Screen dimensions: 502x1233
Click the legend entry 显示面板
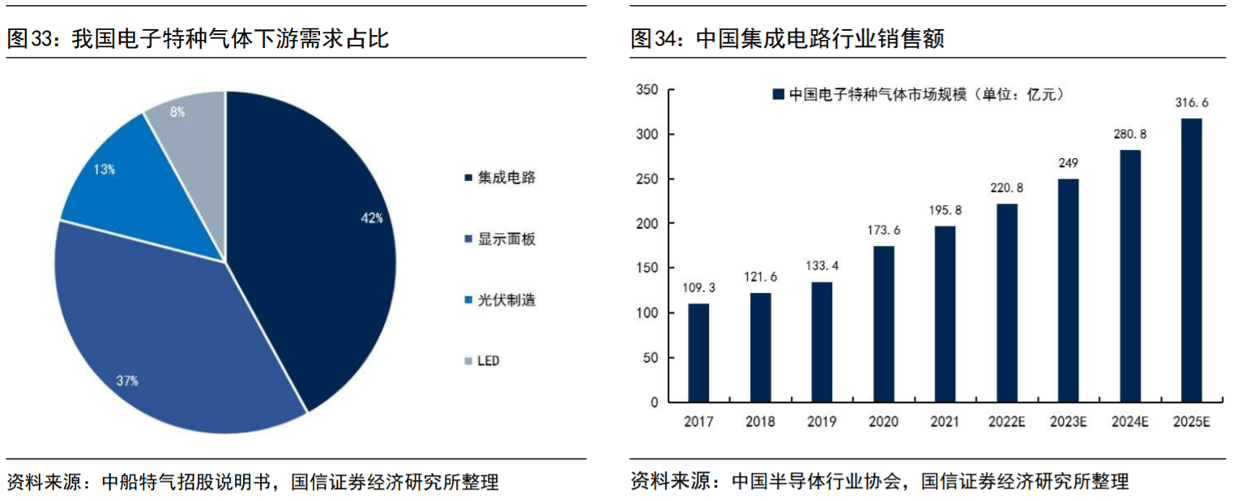click(x=506, y=239)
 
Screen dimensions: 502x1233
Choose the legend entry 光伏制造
click(x=506, y=300)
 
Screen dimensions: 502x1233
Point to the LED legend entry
click(x=488, y=360)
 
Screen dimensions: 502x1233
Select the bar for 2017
click(x=698, y=353)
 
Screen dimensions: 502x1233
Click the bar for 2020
click(x=884, y=324)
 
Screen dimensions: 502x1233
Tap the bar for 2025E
click(x=1192, y=260)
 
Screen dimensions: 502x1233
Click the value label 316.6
click(x=1192, y=103)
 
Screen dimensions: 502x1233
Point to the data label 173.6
click(x=884, y=230)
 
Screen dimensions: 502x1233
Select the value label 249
click(x=1069, y=163)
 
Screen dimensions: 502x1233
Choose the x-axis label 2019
click(x=821, y=422)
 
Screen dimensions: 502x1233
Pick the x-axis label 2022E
click(x=1007, y=422)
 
